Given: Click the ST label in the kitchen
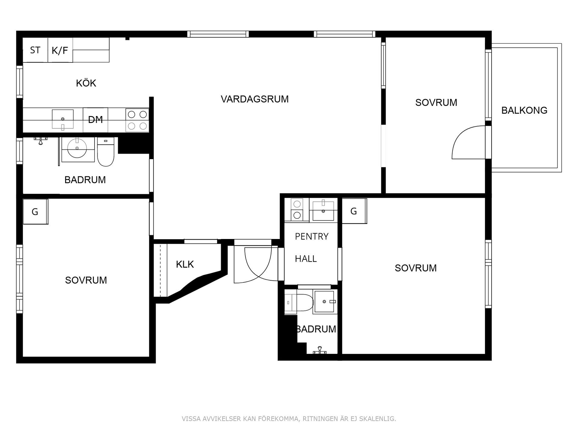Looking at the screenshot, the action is point(35,50).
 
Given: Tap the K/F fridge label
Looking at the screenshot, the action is point(60,50).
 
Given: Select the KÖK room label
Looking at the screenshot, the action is point(86,83).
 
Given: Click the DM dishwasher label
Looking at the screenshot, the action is point(95,120).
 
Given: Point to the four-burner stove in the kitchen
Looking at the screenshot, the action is point(137,120).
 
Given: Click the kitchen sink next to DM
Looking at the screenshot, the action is point(63,119).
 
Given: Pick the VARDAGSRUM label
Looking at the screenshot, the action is point(255,99).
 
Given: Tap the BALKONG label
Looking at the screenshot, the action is point(524,110).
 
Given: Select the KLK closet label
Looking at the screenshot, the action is point(185,264).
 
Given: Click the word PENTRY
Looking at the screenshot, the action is point(312,237).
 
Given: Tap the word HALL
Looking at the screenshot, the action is point(306,259).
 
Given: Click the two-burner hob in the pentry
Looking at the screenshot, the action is point(297,210).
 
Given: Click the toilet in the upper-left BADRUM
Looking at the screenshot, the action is point(106,152).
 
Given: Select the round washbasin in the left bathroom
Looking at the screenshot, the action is point(77,148).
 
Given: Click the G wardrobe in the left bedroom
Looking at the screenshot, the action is point(35,212).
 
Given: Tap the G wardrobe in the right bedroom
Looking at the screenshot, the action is point(354,211).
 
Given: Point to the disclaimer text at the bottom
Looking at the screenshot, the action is point(289,419).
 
